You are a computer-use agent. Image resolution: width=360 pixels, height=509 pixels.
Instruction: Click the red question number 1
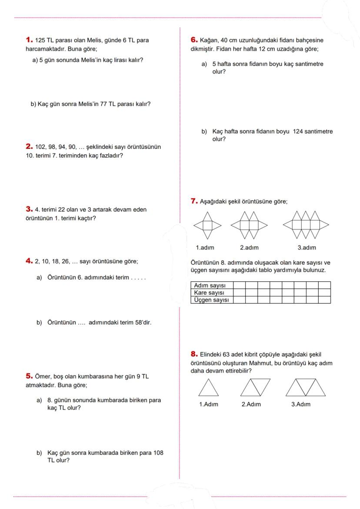(x=29, y=40)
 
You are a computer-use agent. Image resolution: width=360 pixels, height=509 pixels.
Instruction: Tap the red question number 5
(x=29, y=376)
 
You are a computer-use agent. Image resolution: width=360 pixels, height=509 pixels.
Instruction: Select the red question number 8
(x=194, y=354)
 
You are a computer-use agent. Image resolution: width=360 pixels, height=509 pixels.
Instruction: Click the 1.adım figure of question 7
(x=207, y=225)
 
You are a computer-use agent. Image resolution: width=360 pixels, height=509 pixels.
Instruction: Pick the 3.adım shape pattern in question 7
(x=306, y=225)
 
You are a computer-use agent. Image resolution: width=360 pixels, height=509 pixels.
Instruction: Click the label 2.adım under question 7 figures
(x=249, y=248)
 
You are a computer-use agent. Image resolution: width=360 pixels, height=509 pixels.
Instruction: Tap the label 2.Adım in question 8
(x=251, y=404)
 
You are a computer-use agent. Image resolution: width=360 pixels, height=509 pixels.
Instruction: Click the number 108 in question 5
(x=158, y=452)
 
